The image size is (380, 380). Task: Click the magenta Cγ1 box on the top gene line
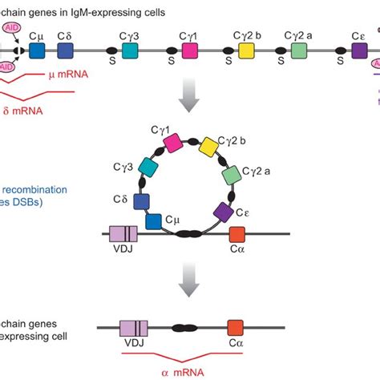[x=190, y=51]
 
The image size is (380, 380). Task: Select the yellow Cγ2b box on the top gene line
[x=246, y=51]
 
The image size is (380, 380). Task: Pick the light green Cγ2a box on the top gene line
[x=298, y=51]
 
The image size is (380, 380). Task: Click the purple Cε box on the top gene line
[x=359, y=51]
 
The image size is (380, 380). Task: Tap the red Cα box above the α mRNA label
[x=235, y=327]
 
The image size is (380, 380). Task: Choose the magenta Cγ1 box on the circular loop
[x=173, y=143]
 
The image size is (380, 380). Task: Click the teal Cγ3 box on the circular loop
[x=149, y=167]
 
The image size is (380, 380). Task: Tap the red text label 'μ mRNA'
[x=68, y=75]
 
